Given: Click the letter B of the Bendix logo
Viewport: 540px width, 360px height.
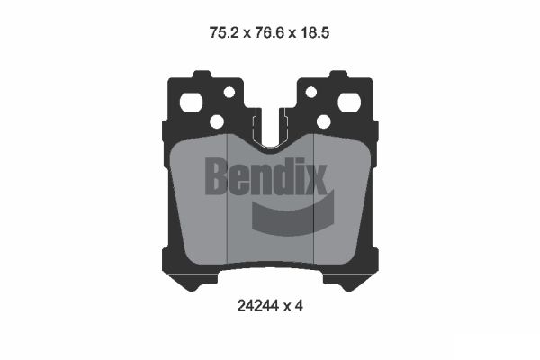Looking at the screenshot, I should [x=218, y=176].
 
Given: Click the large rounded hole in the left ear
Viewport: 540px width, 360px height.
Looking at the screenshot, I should [x=192, y=102].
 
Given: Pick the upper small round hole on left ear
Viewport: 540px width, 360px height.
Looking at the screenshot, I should [x=229, y=92].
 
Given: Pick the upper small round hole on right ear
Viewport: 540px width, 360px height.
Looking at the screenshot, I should [x=310, y=92].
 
